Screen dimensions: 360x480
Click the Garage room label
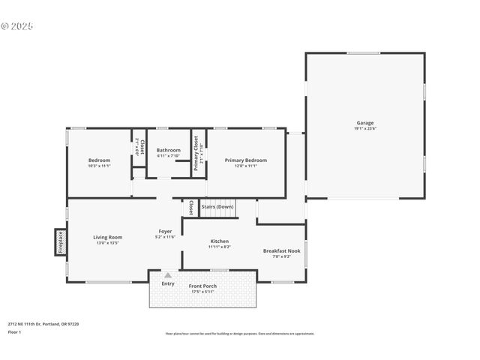click(364, 123)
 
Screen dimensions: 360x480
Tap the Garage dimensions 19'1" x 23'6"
click(364, 129)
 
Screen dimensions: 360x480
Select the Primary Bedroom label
click(245, 160)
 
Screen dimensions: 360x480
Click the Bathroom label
click(168, 150)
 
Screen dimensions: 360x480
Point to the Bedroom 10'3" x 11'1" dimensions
click(99, 166)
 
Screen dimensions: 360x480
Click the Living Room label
click(107, 237)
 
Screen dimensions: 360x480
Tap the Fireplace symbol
click(60, 241)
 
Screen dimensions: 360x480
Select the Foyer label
click(165, 231)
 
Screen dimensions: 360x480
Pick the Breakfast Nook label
click(281, 250)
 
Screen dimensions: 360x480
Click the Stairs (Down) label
click(217, 206)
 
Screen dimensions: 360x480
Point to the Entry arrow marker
click(167, 275)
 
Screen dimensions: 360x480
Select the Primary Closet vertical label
click(196, 153)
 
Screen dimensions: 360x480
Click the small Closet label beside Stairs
click(190, 208)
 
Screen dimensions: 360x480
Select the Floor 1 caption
click(15, 331)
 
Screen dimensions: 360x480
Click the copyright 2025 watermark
click(17, 25)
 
